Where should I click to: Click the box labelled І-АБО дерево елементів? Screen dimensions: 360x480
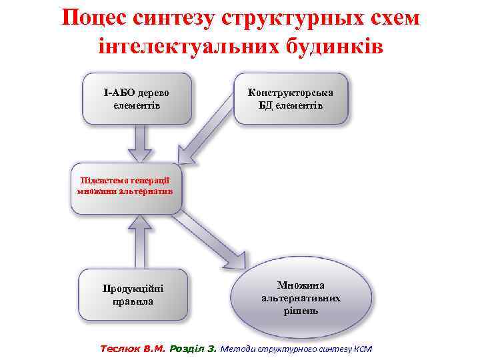click(137, 99)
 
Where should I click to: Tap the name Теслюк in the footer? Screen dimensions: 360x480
click(119, 348)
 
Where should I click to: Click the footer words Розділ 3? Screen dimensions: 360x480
click(194, 348)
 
